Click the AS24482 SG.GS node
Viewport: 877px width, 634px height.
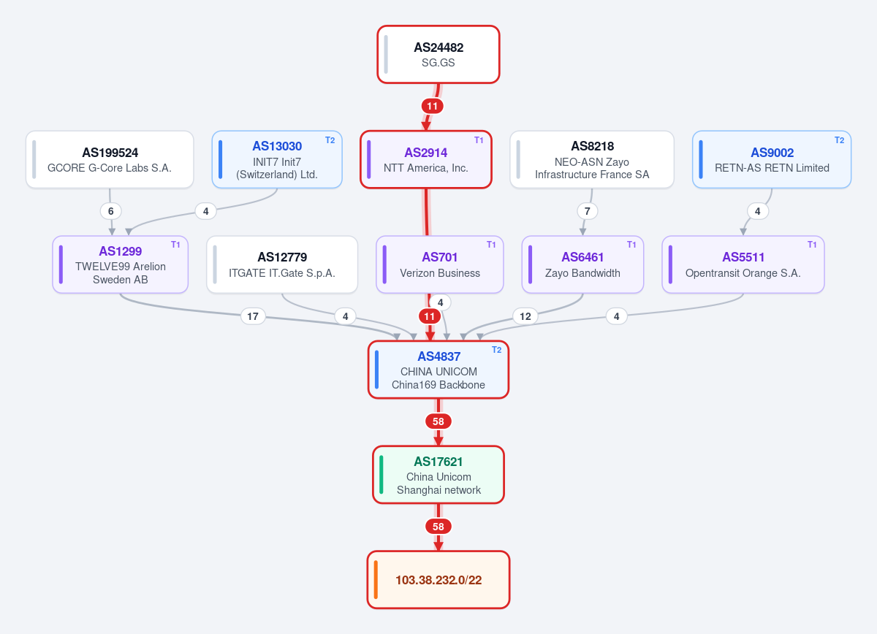click(438, 54)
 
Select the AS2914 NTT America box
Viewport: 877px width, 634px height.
click(425, 159)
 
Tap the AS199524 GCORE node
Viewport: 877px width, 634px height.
click(110, 159)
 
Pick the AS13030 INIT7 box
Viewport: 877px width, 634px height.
click(277, 159)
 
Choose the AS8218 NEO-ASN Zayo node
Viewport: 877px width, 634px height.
click(591, 159)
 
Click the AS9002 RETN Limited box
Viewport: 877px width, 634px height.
click(771, 159)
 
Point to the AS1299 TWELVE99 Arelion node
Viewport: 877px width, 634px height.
click(120, 264)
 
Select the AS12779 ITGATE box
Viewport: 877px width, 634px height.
click(282, 264)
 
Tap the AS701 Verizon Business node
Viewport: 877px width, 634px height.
click(440, 264)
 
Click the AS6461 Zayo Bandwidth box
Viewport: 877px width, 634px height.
click(582, 264)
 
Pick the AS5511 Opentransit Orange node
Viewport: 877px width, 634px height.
click(743, 264)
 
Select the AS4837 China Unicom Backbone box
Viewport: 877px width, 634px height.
click(438, 370)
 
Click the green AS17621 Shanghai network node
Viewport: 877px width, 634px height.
click(438, 475)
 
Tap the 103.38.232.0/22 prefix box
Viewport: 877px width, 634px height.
click(438, 580)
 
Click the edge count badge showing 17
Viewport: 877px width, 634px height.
click(253, 316)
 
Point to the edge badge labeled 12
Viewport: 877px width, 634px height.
click(525, 316)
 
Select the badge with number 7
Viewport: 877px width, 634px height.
click(588, 211)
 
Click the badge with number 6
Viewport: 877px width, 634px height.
click(111, 211)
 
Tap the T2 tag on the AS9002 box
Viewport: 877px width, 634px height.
click(839, 140)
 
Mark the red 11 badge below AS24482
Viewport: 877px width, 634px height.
click(432, 106)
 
